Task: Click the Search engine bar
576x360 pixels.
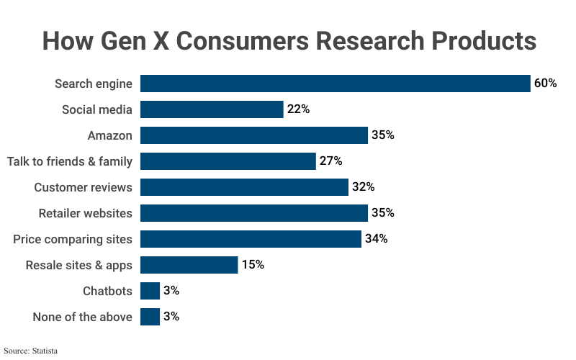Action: [x=335, y=84]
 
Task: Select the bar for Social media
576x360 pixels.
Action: [x=212, y=109]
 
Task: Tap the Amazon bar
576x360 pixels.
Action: [x=253, y=135]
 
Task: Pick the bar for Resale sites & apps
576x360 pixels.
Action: [x=189, y=265]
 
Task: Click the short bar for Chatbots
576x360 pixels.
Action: [x=150, y=291]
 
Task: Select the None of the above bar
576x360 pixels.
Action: [x=150, y=317]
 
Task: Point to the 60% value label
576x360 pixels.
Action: [x=545, y=84]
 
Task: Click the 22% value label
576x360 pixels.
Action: [x=298, y=109]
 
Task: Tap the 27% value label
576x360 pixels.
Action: [x=330, y=161]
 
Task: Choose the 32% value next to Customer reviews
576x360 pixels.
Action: [x=363, y=187]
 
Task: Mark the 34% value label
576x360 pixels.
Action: [x=376, y=239]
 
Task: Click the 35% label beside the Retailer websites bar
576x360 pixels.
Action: [x=382, y=213]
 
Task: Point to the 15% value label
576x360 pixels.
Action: [x=253, y=265]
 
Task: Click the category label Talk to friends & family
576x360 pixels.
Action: [x=70, y=161]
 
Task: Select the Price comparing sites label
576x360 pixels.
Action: [x=73, y=239]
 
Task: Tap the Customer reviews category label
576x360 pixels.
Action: [x=83, y=187]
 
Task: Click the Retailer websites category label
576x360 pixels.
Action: [x=85, y=213]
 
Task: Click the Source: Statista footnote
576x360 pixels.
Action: [x=30, y=351]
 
